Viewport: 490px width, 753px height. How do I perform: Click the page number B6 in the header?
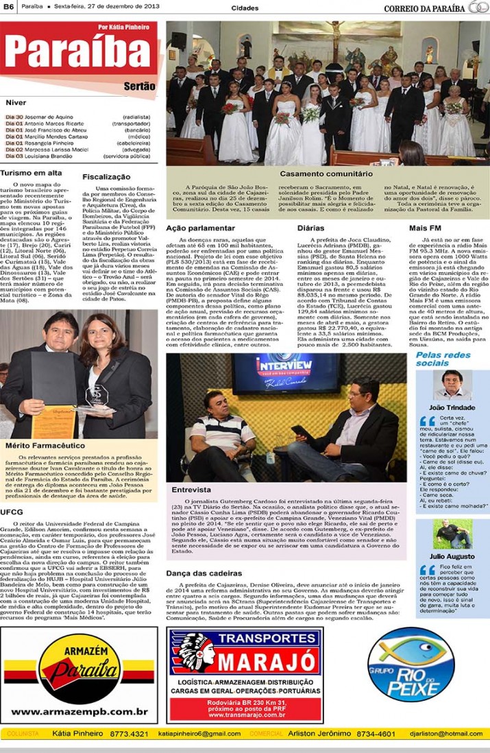pos(9,8)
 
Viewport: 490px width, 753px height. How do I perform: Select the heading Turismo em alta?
pos(31,173)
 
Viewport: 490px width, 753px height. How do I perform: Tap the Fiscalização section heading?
pos(106,176)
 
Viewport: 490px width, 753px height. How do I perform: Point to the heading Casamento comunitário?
pos(326,174)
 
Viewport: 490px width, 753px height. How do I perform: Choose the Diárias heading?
pos(310,226)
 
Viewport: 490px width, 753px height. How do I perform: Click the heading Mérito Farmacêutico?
pos(38,445)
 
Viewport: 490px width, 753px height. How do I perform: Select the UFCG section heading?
pos(12,511)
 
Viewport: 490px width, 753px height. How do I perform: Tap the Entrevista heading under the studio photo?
pos(191,490)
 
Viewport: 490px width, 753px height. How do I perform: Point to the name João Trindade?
pos(452,407)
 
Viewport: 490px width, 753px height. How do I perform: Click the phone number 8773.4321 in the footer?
pos(129,733)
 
